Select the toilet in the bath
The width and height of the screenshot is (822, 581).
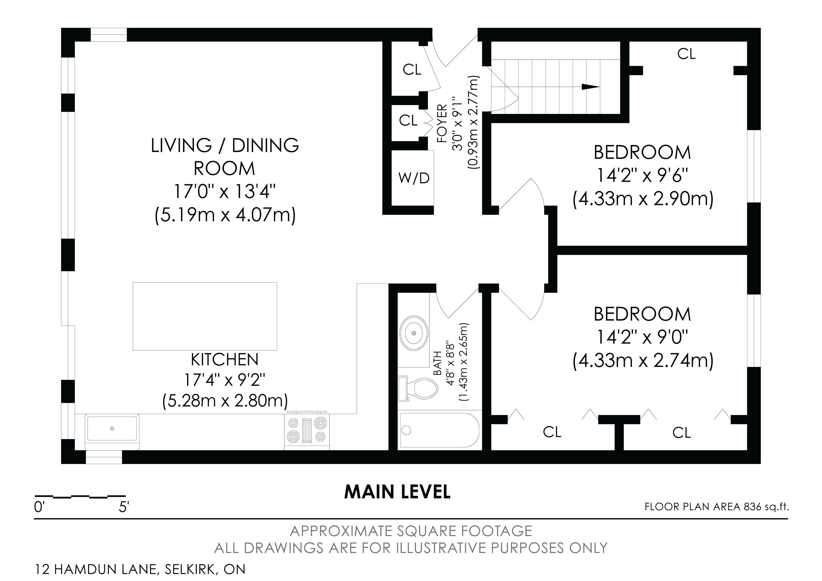418,389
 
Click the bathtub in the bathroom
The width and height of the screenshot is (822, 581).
440,430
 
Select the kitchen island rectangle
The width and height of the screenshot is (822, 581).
205,316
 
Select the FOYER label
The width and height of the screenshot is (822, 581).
442,124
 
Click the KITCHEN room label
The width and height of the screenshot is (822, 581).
225,360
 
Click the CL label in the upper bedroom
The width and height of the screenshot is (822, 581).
686,54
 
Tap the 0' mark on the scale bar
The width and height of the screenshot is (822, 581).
39,507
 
